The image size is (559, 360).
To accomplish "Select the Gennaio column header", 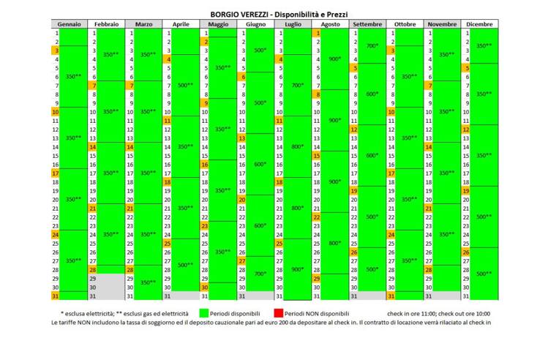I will (x=69, y=24).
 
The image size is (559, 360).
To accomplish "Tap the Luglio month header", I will (x=292, y=24).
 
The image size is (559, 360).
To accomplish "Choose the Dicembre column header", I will (x=479, y=24).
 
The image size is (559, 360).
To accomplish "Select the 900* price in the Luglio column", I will (x=298, y=269).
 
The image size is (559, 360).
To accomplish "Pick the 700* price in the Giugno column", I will (x=260, y=274).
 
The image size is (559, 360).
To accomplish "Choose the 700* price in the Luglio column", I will (x=298, y=85).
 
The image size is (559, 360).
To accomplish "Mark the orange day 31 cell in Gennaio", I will (x=55, y=296).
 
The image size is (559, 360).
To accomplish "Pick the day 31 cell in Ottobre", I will (x=391, y=296).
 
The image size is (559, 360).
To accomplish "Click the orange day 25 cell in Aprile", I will (x=167, y=243).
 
